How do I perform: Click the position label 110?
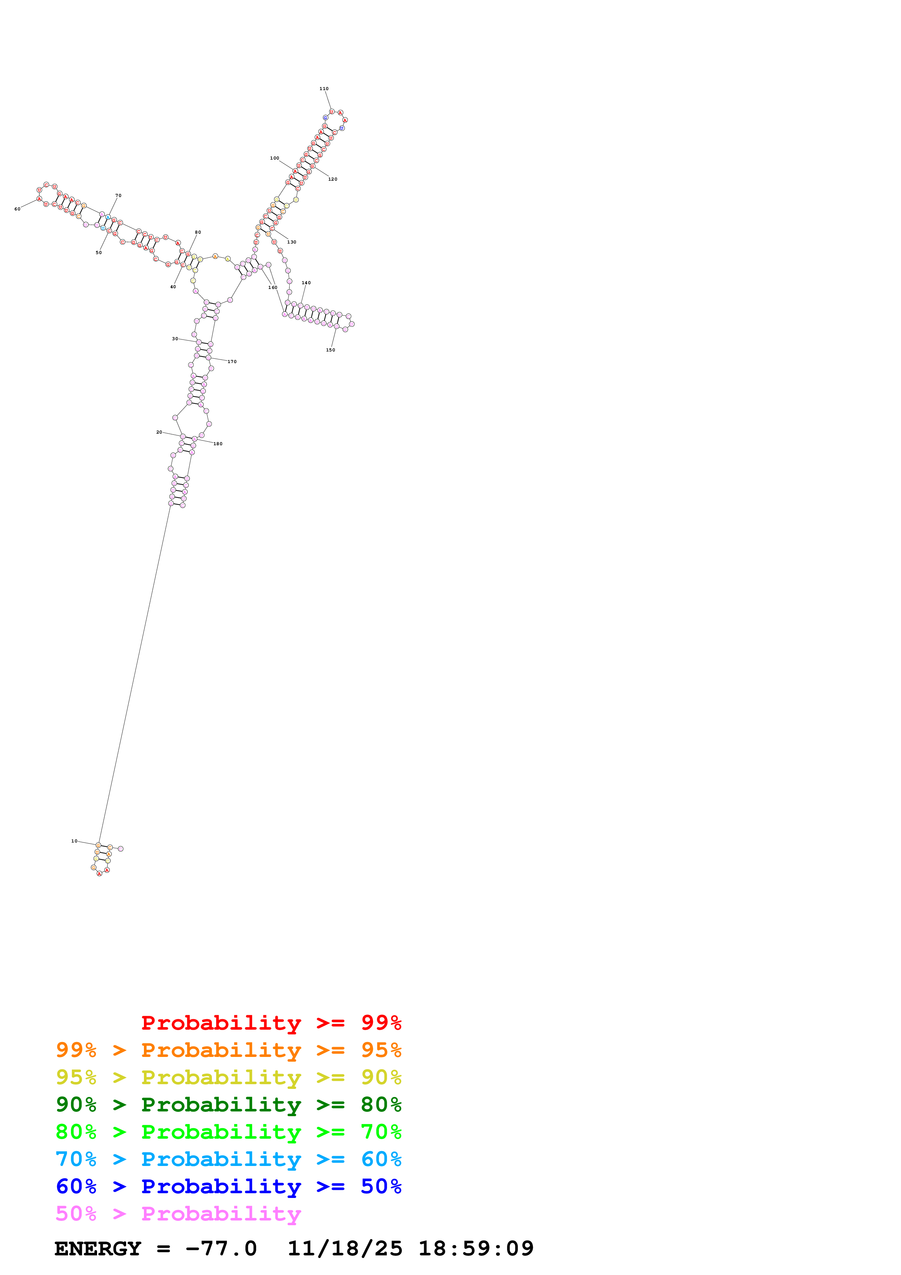click(323, 89)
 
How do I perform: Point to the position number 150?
click(330, 350)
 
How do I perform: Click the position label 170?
click(232, 362)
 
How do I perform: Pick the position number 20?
click(159, 432)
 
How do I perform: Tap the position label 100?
click(274, 158)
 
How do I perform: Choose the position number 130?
click(291, 242)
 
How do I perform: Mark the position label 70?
click(118, 196)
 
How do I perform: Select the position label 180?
click(218, 444)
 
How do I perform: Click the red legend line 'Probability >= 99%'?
click(271, 1022)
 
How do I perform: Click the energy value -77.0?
click(221, 1248)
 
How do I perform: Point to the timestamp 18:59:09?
click(476, 1248)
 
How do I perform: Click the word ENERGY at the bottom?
click(98, 1248)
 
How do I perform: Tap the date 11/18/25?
click(345, 1248)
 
